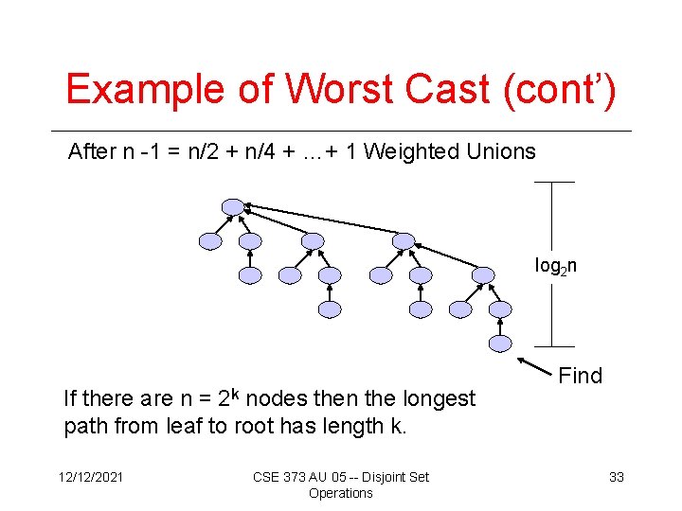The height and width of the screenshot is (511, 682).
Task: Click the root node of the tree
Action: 232,207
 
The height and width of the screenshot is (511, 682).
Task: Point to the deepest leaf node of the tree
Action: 500,344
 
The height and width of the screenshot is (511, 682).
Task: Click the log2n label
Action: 556,267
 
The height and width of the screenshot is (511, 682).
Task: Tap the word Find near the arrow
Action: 580,376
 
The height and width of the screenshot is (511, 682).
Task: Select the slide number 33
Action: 616,477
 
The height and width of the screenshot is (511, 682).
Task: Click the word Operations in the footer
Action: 341,493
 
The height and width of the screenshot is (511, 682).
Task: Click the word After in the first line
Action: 92,151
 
